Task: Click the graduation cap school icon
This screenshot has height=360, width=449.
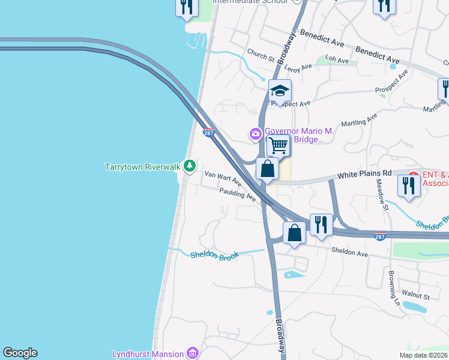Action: (x=280, y=91)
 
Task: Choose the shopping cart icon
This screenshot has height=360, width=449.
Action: (x=279, y=145)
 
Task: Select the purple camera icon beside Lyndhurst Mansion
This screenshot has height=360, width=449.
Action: (x=193, y=353)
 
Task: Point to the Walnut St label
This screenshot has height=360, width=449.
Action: (x=416, y=296)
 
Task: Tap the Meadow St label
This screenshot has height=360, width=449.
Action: (x=383, y=196)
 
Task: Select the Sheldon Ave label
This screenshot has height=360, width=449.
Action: (x=349, y=254)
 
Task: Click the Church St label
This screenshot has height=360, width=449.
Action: (x=261, y=56)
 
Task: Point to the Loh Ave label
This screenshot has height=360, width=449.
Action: (x=337, y=61)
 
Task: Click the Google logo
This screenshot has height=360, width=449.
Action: (x=20, y=353)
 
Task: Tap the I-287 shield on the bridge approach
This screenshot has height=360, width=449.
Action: (x=208, y=133)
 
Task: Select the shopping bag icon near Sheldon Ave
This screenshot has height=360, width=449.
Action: (x=294, y=233)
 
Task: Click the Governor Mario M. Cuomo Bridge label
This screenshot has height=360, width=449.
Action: (x=294, y=136)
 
